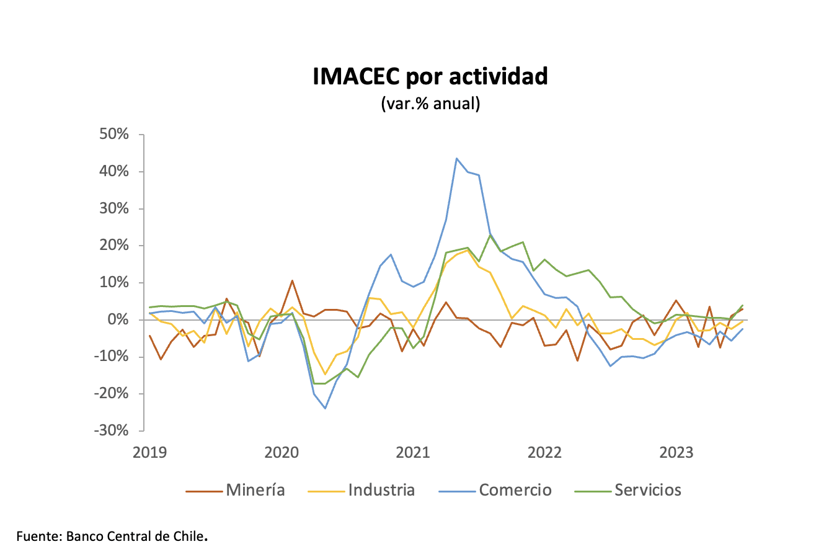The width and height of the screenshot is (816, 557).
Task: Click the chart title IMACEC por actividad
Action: point(430,76)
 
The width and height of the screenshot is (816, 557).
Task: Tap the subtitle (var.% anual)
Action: point(430,104)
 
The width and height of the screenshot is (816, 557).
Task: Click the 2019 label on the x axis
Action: point(149,452)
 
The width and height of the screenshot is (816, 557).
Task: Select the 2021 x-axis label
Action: point(413,452)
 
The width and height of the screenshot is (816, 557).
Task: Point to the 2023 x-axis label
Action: point(676,452)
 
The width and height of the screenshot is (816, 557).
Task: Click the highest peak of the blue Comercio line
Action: point(456,158)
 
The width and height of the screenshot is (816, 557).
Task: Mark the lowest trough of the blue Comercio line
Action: point(325,408)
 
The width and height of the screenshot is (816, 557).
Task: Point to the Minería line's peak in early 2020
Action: point(292,280)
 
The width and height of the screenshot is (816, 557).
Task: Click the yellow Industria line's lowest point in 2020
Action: point(325,374)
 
